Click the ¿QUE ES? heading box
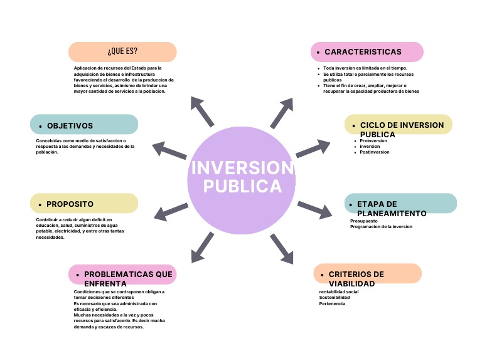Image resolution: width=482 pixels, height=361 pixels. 122,51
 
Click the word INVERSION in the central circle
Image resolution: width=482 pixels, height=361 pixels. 241,168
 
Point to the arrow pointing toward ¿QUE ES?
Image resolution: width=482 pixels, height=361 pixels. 203,111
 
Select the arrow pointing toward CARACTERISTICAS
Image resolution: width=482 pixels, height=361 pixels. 282,113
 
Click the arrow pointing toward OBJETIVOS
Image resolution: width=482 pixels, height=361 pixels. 169,150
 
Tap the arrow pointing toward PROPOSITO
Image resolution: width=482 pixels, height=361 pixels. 170,211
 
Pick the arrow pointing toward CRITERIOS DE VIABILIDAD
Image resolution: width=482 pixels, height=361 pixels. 282,248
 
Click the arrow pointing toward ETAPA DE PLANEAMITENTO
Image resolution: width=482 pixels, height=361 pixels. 314,209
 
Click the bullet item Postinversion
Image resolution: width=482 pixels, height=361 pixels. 374,152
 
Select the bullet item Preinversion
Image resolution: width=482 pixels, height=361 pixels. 373,141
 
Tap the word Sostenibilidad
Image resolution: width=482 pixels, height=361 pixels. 335,297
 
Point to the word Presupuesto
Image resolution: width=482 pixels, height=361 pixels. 364,221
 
